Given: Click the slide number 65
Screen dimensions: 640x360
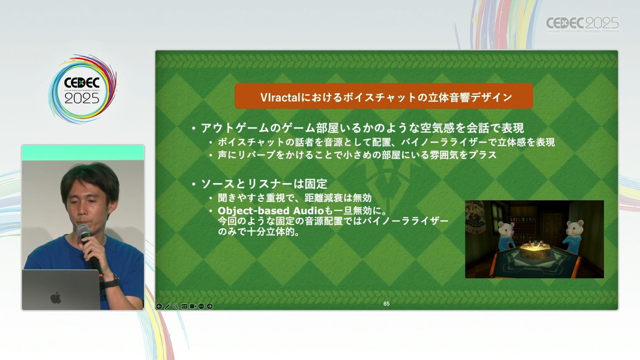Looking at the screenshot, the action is pos(386,303).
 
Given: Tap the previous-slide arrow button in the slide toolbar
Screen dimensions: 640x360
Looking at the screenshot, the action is pos(159,306).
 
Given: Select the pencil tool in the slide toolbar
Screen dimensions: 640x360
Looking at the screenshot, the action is pos(167,306).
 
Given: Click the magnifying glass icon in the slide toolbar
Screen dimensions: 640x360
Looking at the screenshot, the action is pos(176,306).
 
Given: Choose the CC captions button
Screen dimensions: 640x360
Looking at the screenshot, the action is pos(185,306).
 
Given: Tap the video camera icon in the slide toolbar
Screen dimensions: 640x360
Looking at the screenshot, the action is pos(193,306).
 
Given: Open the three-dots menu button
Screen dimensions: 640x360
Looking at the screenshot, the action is pos(201,306).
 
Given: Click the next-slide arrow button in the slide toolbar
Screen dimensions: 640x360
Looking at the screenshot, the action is pos(210,306).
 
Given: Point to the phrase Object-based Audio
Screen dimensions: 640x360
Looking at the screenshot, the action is pos(270,211).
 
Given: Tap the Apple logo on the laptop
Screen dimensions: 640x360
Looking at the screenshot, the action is pos(56,298).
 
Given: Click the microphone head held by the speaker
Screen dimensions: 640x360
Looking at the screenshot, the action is pos(83,231).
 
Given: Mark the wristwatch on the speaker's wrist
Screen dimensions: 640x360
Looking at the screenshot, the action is pos(111,282).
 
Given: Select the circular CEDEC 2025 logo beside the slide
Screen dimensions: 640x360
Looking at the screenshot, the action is pos(82,89).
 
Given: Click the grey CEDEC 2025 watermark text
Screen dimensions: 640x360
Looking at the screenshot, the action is pos(582,24).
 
